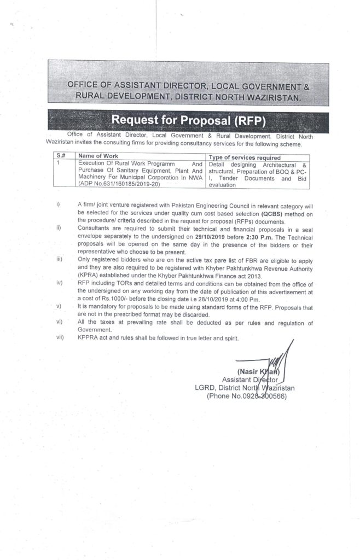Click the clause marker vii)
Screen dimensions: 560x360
click(60, 339)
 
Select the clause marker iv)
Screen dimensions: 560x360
click(59, 284)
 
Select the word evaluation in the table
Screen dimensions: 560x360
click(223, 185)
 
